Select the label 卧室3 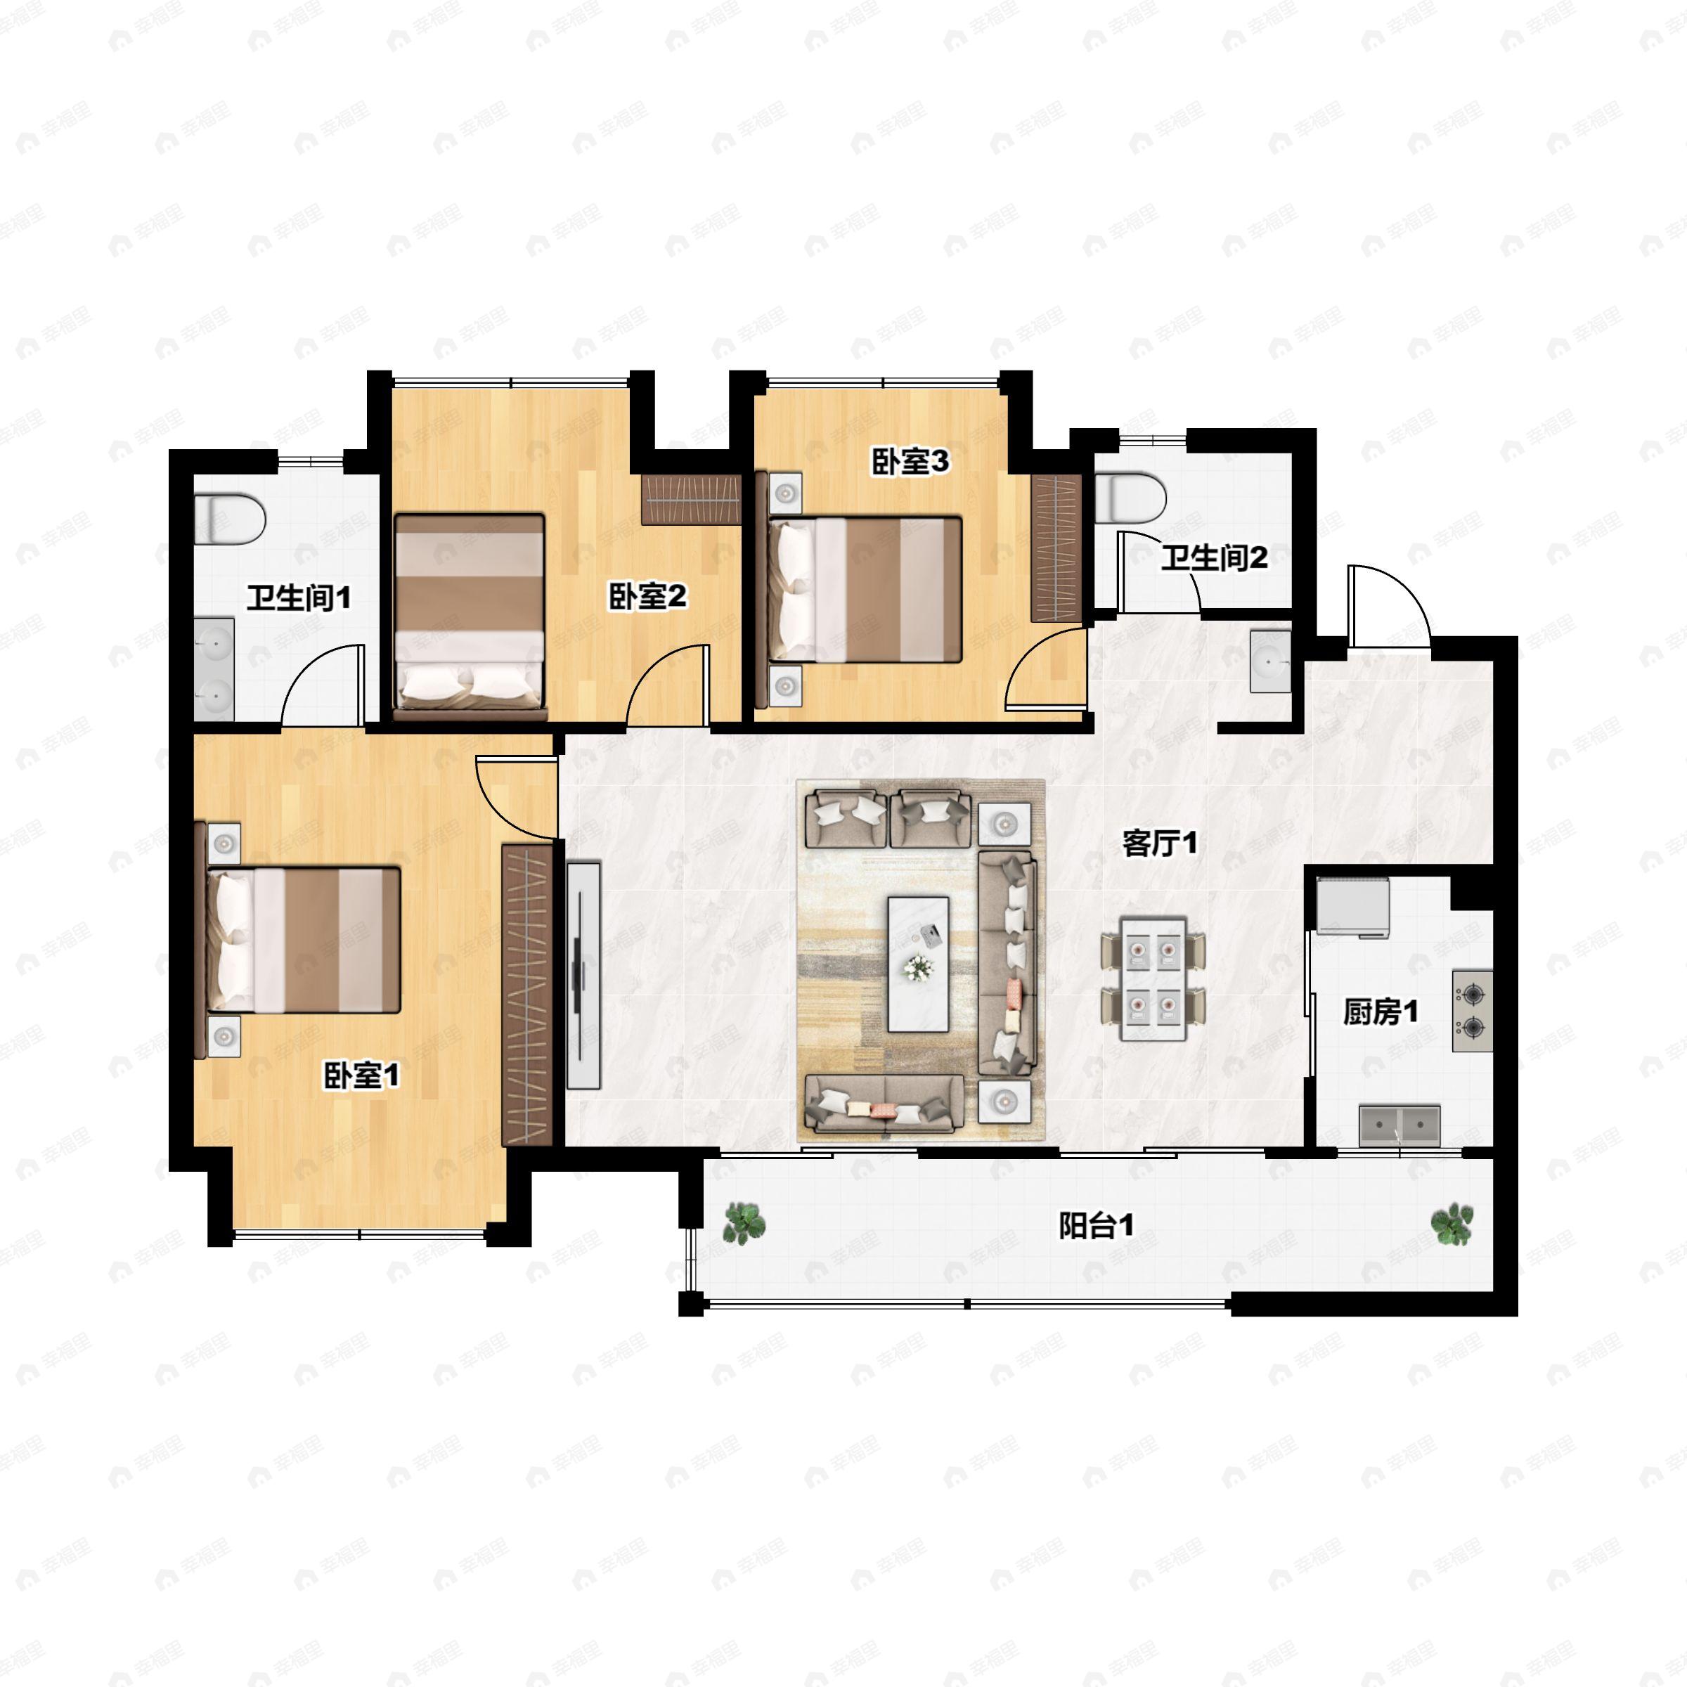click(910, 462)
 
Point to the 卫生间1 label click(299, 598)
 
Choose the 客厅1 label click(1160, 843)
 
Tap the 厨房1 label click(1381, 1012)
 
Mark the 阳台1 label click(1097, 1227)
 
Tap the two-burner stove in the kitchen click(1472, 1010)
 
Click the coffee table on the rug click(918, 963)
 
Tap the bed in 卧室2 click(470, 613)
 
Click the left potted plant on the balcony click(744, 1222)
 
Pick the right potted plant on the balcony click(1452, 1223)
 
